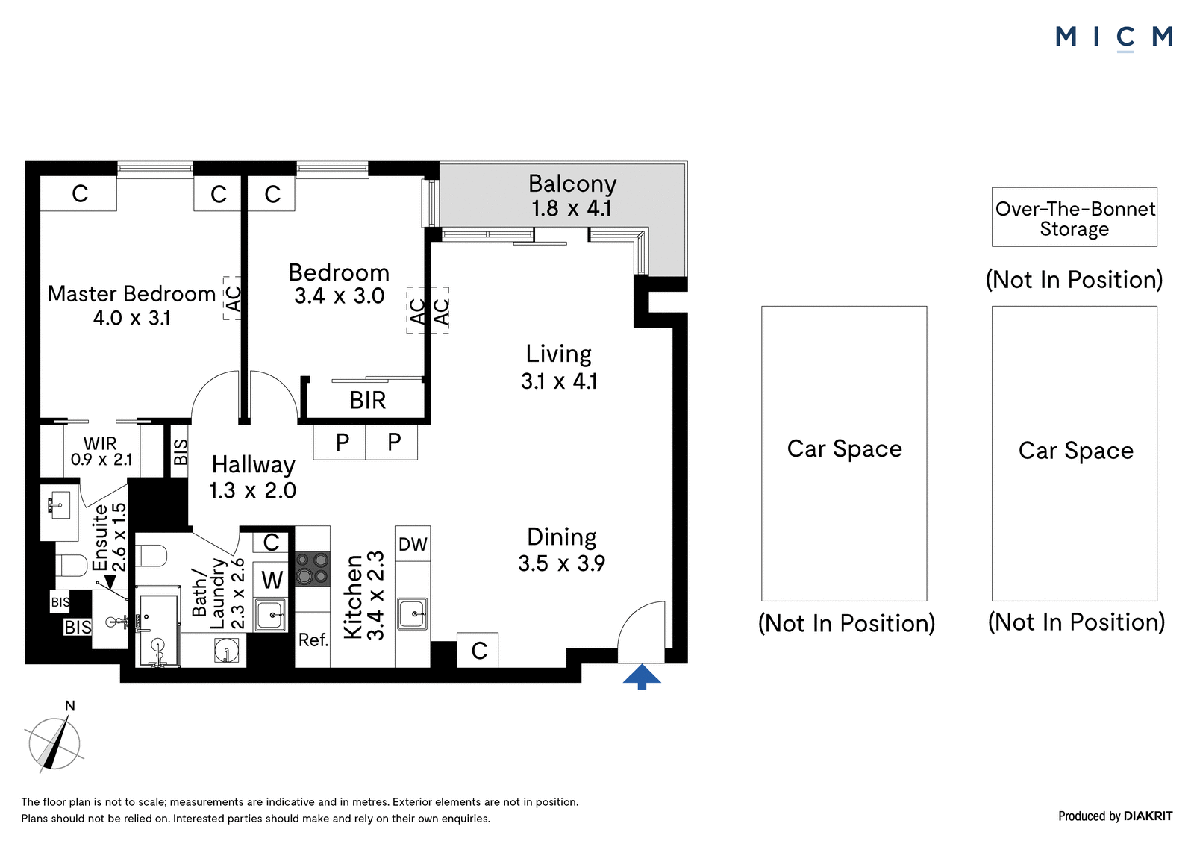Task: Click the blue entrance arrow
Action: coord(642,676)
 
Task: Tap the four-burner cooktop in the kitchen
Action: coord(313,569)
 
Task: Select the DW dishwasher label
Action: coord(413,544)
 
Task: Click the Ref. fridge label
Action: coord(313,640)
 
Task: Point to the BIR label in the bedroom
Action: coord(368,401)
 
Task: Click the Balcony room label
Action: coord(572,184)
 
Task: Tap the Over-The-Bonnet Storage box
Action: coord(1074,217)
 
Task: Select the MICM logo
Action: coord(1114,37)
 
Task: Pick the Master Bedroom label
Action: coord(131,294)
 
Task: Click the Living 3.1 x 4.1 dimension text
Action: coord(559,381)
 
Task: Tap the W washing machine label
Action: coord(272,580)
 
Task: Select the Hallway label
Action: coord(253,464)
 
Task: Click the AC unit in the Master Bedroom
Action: coord(232,298)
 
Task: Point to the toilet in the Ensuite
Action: coord(72,566)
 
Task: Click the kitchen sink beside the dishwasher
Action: coord(412,613)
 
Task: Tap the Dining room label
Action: coord(562,537)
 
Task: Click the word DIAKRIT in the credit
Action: coord(1148,816)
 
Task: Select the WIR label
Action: coord(100,443)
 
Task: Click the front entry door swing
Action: coord(641,632)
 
